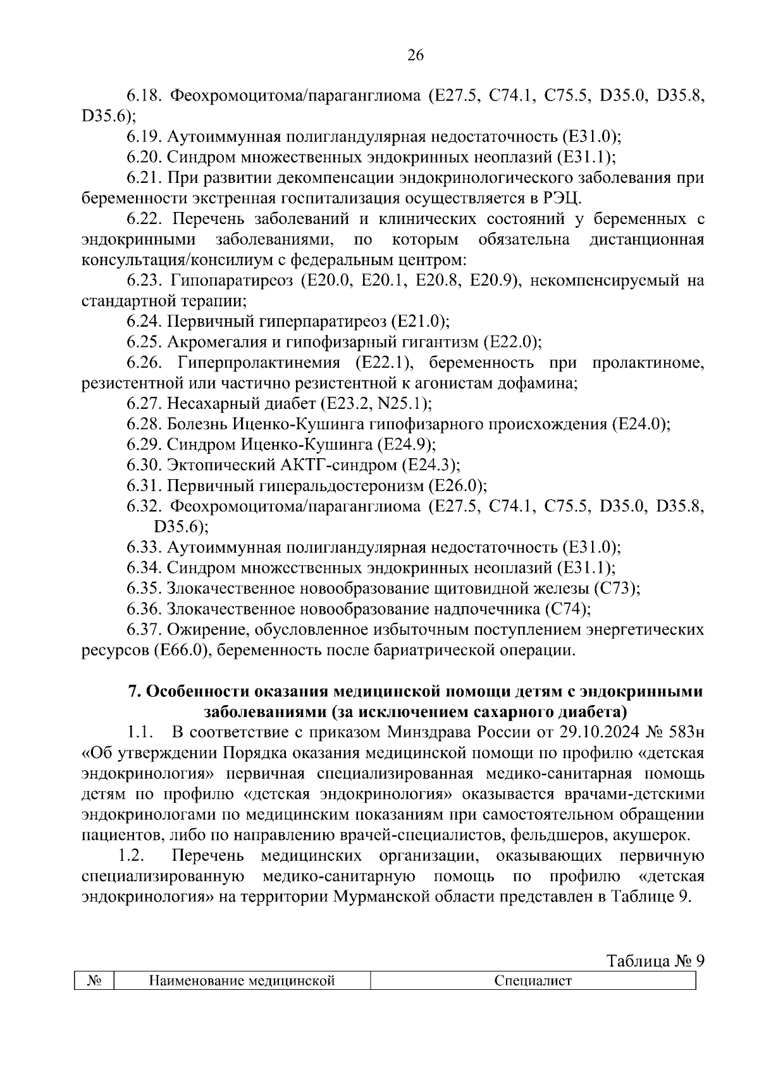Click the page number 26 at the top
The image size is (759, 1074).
[x=415, y=56]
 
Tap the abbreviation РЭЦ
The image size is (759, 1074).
[x=558, y=198]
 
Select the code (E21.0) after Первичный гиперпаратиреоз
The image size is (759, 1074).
[x=421, y=322]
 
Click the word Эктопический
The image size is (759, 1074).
[x=219, y=465]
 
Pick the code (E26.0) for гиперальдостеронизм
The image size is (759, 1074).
[x=457, y=486]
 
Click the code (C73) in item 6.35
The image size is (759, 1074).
[x=617, y=589]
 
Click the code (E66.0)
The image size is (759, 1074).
[x=181, y=651]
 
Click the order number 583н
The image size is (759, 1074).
[x=684, y=733]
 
